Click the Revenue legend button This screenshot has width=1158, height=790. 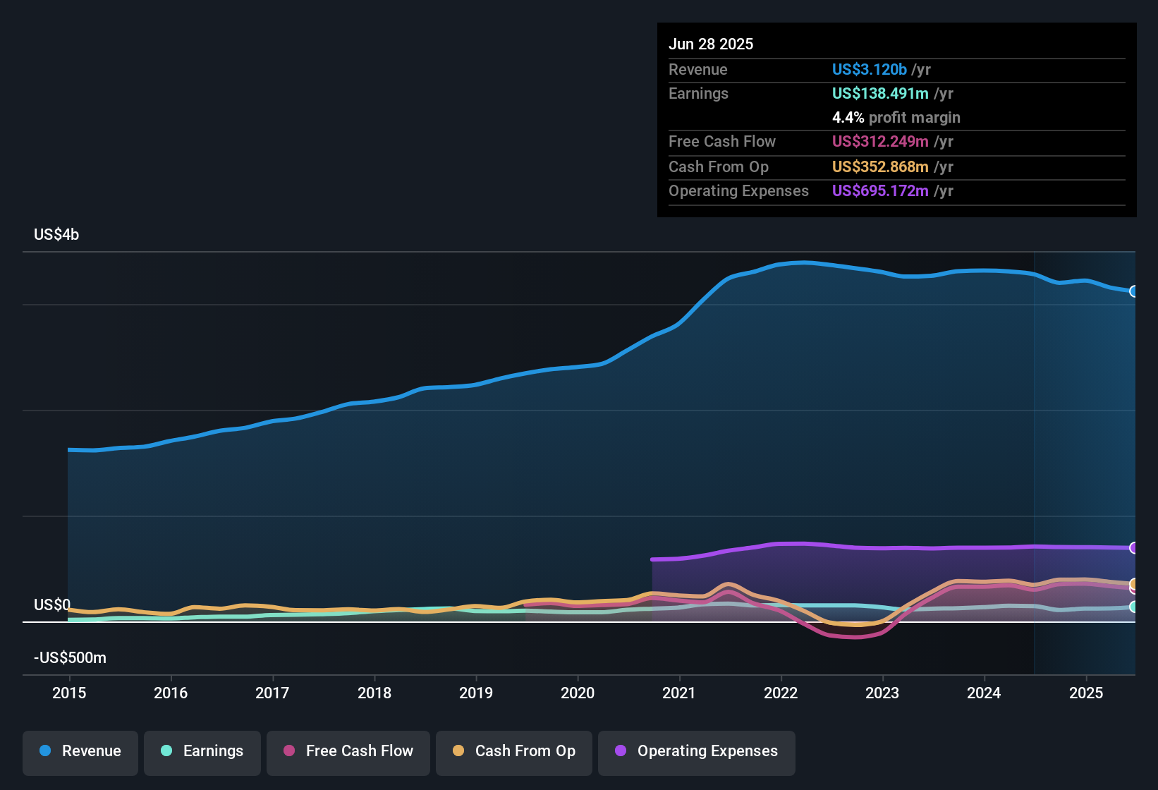click(x=80, y=751)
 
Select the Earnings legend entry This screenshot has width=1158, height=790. click(x=202, y=751)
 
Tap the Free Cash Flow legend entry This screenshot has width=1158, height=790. click(x=348, y=751)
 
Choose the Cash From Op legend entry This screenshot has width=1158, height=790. click(x=513, y=751)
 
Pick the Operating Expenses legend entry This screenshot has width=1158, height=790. click(x=696, y=751)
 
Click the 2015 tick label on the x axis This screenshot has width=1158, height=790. click(x=69, y=693)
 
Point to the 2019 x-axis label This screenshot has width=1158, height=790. click(x=476, y=693)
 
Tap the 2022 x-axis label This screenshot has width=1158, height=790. click(x=781, y=693)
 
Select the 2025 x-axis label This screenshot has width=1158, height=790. click(x=1085, y=693)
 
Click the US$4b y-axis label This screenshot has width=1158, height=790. click(x=56, y=235)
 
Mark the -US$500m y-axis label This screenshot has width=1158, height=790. click(x=70, y=658)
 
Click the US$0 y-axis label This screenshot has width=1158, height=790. click(x=52, y=605)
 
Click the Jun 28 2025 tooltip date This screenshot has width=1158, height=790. click(x=711, y=44)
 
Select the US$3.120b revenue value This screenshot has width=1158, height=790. click(x=869, y=70)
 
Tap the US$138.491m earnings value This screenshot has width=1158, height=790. click(x=880, y=94)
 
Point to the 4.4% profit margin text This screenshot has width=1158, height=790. click(x=896, y=118)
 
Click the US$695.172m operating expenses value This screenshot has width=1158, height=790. click(x=880, y=191)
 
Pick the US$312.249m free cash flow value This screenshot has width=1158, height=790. click(x=880, y=142)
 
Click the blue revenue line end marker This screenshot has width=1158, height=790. click(x=1133, y=291)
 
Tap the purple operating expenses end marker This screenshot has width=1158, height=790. click(x=1133, y=548)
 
